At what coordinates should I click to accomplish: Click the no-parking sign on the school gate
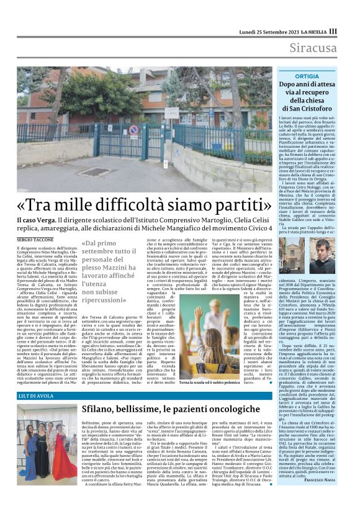[133, 130]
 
